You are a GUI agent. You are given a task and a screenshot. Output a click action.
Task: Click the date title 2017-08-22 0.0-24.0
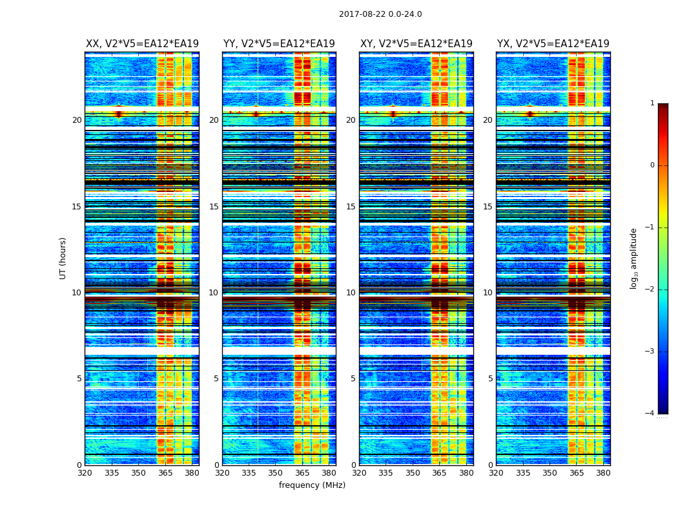(380, 14)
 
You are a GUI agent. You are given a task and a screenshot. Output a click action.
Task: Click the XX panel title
(142, 44)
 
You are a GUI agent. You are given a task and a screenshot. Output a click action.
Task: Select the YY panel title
(279, 44)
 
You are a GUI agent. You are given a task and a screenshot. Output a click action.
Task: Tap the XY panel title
(416, 44)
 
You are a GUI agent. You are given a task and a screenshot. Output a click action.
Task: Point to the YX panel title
(553, 44)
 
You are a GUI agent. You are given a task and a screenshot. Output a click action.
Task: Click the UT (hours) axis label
(63, 258)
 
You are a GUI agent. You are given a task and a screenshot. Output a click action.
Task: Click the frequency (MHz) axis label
(312, 485)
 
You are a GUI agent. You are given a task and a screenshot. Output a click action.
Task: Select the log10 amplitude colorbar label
(634, 258)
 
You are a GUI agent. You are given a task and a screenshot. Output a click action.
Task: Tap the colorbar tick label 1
(652, 103)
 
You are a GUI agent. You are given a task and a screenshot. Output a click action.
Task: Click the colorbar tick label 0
(652, 165)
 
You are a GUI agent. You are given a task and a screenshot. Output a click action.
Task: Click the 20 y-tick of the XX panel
(77, 120)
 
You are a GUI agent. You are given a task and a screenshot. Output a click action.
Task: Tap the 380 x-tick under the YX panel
(603, 473)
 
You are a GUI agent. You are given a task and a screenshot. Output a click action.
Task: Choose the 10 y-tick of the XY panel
(351, 293)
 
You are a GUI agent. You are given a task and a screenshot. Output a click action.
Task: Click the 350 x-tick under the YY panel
(276, 473)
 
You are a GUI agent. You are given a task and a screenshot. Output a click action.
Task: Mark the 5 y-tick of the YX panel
(490, 379)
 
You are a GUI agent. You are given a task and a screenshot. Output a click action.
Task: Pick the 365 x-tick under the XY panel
(439, 473)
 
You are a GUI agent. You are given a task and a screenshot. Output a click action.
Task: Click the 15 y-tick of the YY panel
(214, 207)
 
